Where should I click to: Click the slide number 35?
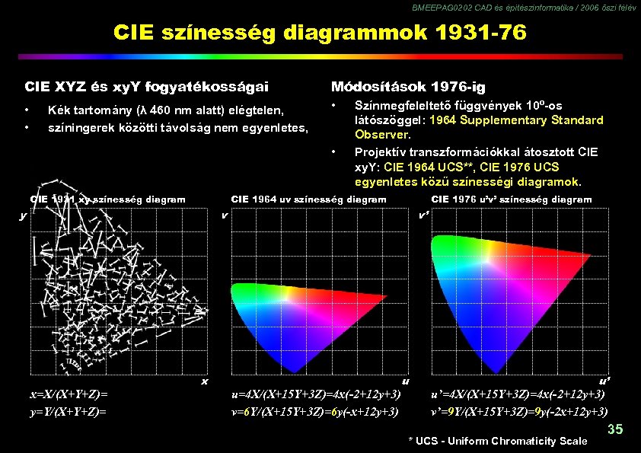pos(615,430)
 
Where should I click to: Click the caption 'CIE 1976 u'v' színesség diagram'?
pos(511,199)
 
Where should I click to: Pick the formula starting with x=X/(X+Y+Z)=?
pos(69,395)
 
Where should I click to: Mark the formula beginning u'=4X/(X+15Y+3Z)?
pos(518,395)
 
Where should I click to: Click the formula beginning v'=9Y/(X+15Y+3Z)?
pos(518,412)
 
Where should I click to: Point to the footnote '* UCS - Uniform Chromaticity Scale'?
pos(498,441)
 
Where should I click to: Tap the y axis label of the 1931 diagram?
pos(22,215)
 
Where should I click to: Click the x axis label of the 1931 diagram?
pos(204,381)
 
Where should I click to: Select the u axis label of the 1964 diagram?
pos(405,381)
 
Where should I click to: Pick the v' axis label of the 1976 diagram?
pos(424,215)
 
